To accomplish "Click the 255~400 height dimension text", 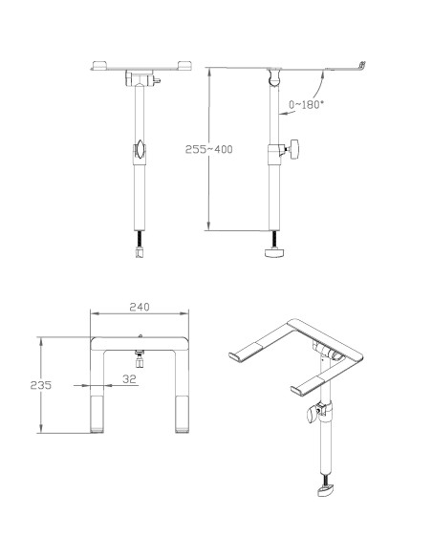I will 208,150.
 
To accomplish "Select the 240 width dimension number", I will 140,308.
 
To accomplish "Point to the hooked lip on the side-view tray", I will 361,64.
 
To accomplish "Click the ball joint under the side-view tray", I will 276,75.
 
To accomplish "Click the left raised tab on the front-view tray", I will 99,65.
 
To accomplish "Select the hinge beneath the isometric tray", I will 328,355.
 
